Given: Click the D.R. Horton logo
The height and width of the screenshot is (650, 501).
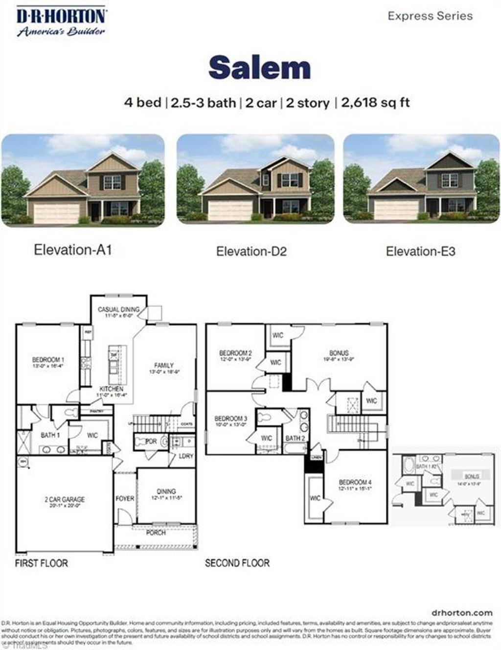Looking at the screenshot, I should pyautogui.click(x=61, y=22).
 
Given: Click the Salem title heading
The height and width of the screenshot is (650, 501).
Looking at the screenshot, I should pyautogui.click(x=260, y=68).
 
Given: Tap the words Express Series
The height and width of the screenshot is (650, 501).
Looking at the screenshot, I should pyautogui.click(x=430, y=16).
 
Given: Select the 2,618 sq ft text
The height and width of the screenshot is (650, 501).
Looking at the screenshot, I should pyautogui.click(x=375, y=103).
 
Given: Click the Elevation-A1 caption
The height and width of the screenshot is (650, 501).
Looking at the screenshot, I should pyautogui.click(x=73, y=250).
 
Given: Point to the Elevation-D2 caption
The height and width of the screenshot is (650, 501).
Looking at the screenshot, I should pyautogui.click(x=251, y=252).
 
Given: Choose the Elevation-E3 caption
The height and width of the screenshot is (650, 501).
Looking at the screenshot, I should pyautogui.click(x=420, y=252).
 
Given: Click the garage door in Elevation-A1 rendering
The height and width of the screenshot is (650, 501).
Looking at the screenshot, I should pyautogui.click(x=56, y=212).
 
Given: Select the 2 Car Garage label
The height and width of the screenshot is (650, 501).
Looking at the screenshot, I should pyautogui.click(x=65, y=500).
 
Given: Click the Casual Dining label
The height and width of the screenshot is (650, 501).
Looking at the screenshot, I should pyautogui.click(x=118, y=310).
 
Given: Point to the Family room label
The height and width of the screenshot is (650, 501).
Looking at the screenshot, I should pyautogui.click(x=164, y=365).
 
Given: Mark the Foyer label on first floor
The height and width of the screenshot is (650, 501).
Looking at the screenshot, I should pyautogui.click(x=125, y=499).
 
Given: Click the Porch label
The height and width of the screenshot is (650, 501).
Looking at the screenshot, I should pyautogui.click(x=156, y=533).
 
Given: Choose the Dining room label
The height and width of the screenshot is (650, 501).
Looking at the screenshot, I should pyautogui.click(x=166, y=491).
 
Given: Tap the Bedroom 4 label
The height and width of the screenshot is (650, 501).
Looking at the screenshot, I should pyautogui.click(x=355, y=483).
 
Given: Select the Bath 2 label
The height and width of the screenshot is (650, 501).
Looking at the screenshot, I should pyautogui.click(x=295, y=438).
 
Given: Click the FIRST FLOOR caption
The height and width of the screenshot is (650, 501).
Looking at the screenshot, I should pyautogui.click(x=42, y=563).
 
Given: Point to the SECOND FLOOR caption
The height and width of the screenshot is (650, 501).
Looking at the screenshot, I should pyautogui.click(x=237, y=563).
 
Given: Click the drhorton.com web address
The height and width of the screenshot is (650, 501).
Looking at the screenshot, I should pyautogui.click(x=462, y=613).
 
